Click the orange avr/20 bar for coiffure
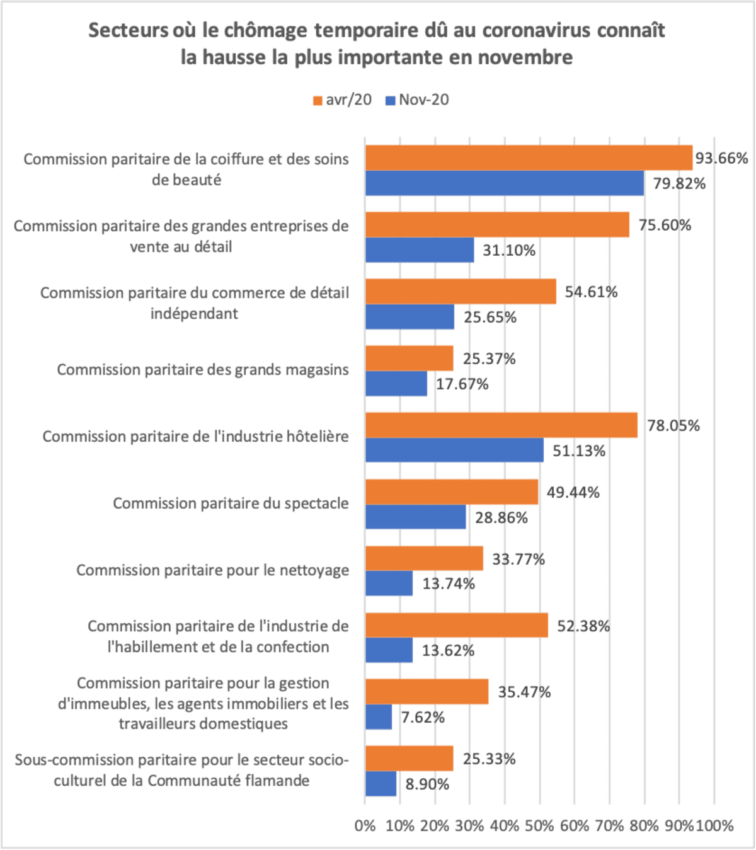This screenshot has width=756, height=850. [529, 158]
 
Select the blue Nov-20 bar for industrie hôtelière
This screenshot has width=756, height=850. [454, 450]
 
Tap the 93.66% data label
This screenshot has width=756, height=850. [721, 158]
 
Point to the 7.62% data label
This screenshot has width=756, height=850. [423, 717]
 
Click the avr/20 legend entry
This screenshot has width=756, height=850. [343, 100]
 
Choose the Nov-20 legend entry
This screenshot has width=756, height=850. [417, 100]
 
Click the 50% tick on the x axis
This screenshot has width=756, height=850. [539, 825]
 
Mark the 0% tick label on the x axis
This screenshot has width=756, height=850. [365, 825]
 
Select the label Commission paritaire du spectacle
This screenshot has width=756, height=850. [231, 503]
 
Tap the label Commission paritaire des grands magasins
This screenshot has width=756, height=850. [202, 370]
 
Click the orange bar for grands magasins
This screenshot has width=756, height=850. [409, 358]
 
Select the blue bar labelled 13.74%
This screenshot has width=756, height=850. [389, 583]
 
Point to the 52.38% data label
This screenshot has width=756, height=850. [583, 626]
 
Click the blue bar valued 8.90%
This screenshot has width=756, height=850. [381, 784]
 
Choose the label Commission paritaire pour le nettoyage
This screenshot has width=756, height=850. [212, 570]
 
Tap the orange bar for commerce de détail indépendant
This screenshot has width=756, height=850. [461, 291]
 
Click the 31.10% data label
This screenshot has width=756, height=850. [509, 251]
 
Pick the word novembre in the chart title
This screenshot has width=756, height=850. [525, 57]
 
